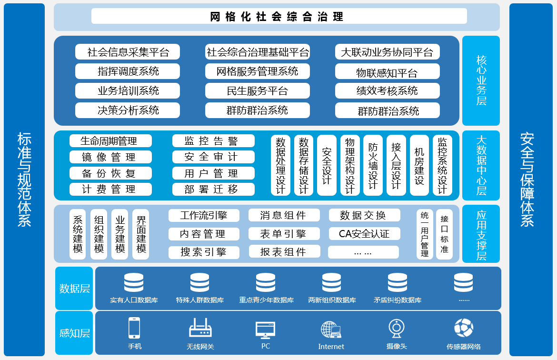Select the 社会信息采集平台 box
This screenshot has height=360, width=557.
pyautogui.click(x=128, y=51)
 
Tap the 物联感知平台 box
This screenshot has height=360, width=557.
pyautogui.click(x=387, y=72)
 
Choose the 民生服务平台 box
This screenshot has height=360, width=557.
pyautogui.click(x=258, y=90)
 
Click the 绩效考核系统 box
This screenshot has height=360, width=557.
pyautogui.click(x=387, y=90)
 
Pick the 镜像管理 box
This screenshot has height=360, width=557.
pyautogui.click(x=110, y=157)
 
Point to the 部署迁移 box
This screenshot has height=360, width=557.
pyautogui.click(x=211, y=189)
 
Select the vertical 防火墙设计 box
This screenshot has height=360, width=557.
pyautogui.click(x=373, y=165)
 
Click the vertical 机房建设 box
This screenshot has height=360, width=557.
pyautogui.click(x=419, y=165)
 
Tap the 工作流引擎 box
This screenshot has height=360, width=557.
pyautogui.click(x=204, y=215)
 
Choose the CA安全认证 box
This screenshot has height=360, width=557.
pyautogui.click(x=364, y=233)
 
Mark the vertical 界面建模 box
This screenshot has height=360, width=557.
pyautogui.click(x=141, y=234)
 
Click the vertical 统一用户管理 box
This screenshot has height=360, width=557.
pyautogui.click(x=425, y=234)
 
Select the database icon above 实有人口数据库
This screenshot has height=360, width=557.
pyautogui.click(x=134, y=282)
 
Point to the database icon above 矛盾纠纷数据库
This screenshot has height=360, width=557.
pyautogui.click(x=397, y=282)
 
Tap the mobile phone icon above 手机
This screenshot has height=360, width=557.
pyautogui.click(x=134, y=328)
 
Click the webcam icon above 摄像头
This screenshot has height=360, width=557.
pyautogui.click(x=396, y=329)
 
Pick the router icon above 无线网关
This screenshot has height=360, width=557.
pyautogui.click(x=200, y=329)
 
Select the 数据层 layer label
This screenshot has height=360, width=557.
pyautogui.click(x=74, y=288)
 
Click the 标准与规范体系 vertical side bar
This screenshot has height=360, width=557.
pyautogui.click(x=24, y=180)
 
